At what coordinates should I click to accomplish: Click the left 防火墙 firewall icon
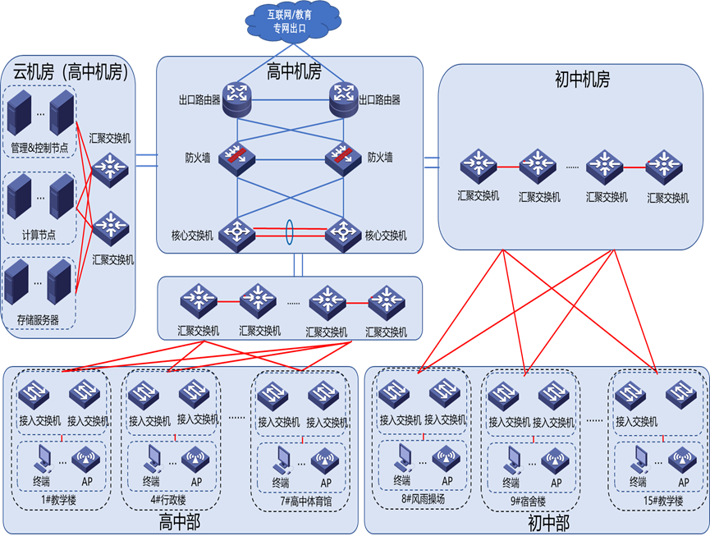(238, 158)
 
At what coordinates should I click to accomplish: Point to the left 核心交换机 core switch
(238, 234)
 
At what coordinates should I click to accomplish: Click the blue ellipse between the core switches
(290, 231)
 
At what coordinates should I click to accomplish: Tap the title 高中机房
(294, 71)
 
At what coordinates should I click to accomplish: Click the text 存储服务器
(38, 319)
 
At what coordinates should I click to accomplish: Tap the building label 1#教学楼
(59, 500)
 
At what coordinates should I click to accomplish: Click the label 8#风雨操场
(424, 500)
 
